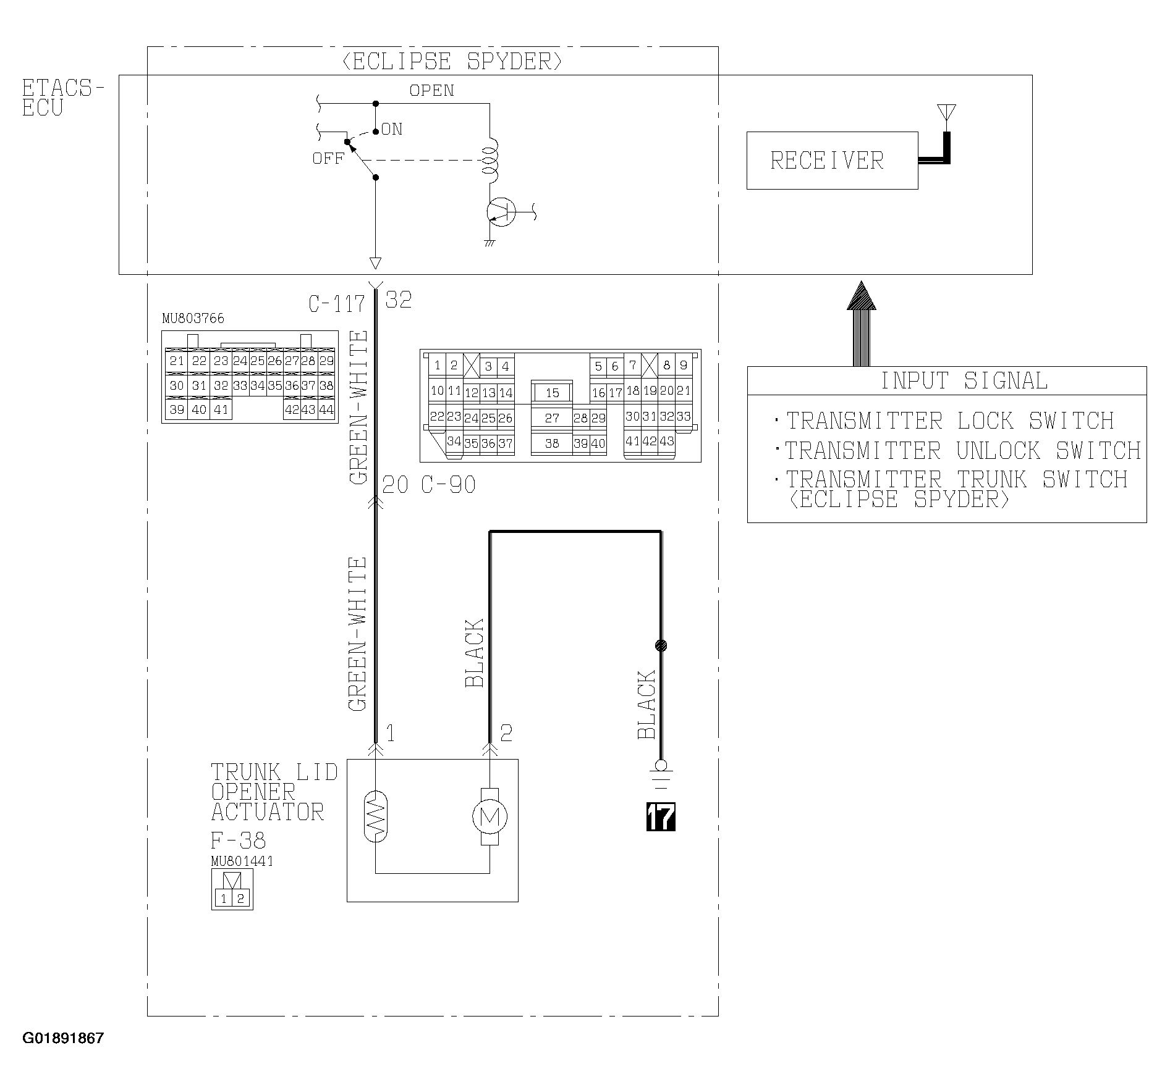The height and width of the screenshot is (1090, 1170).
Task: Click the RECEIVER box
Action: (x=832, y=161)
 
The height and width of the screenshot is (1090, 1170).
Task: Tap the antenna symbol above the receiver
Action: (x=946, y=114)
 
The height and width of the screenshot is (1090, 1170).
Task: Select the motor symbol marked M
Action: (x=490, y=817)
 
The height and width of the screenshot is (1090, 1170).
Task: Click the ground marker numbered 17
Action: (x=661, y=817)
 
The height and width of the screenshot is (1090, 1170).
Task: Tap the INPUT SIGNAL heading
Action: (x=964, y=381)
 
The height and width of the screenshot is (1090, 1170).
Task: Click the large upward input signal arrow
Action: (x=861, y=324)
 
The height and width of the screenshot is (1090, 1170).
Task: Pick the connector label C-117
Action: (x=337, y=304)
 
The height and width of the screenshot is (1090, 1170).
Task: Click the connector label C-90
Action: (x=449, y=485)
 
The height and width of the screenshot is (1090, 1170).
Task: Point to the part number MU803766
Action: (x=193, y=319)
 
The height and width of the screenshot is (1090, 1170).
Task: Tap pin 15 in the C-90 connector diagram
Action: (x=552, y=393)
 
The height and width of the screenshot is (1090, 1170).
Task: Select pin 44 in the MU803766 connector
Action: (x=326, y=409)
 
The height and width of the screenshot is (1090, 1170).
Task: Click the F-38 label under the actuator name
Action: (x=238, y=840)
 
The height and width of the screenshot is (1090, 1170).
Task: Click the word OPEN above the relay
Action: (x=432, y=91)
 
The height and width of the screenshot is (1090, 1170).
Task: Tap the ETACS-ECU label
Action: (x=63, y=98)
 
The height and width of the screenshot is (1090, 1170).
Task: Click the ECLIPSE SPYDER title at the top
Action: (x=452, y=62)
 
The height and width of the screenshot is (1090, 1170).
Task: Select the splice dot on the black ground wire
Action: (x=661, y=646)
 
